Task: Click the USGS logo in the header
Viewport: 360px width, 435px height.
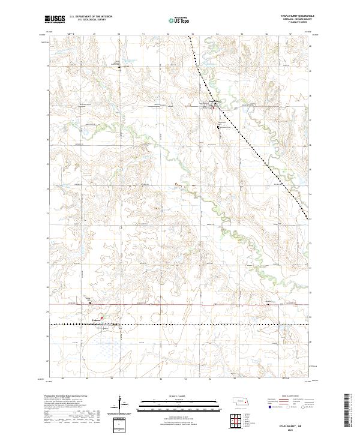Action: [55, 19]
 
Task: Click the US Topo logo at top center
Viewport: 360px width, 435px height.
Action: [181, 20]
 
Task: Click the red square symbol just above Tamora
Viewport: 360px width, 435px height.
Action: [101, 317]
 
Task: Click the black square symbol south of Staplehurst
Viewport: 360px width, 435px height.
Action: [218, 127]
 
